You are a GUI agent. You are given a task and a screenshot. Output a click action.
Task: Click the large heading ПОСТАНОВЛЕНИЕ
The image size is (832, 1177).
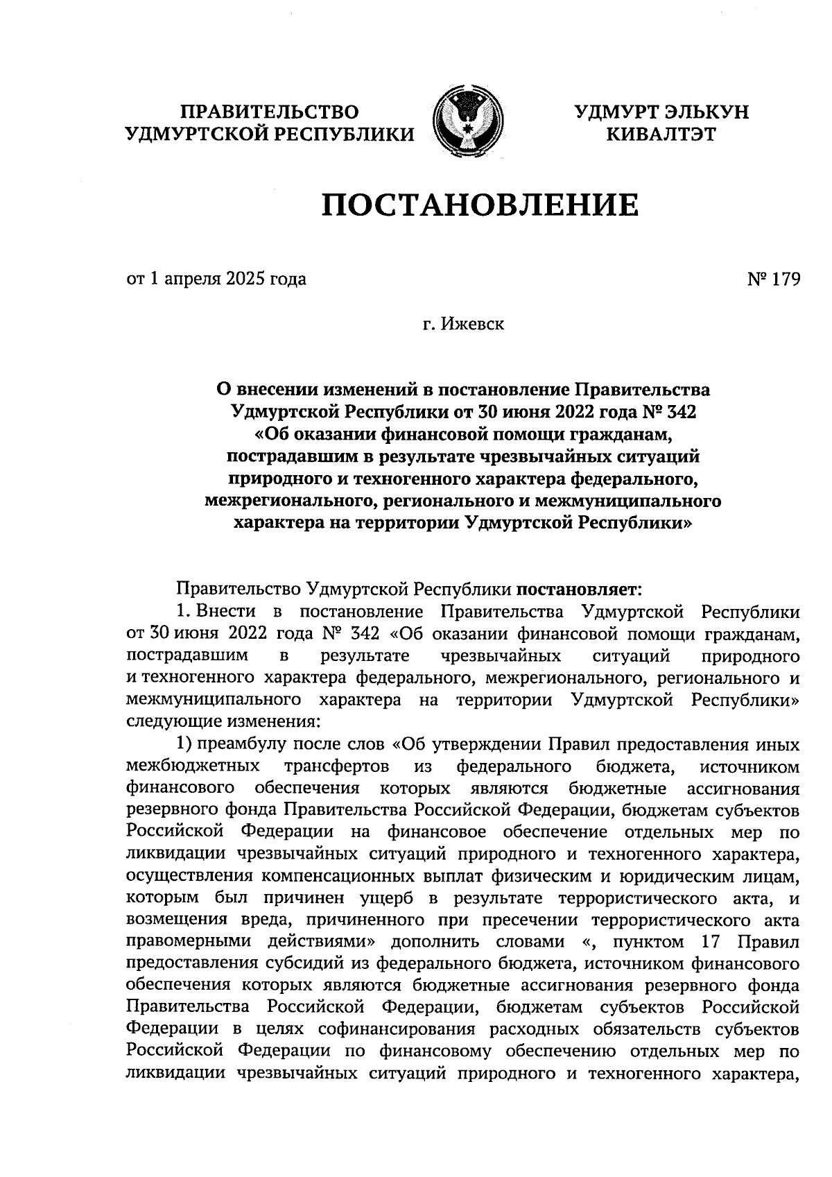point(479,205)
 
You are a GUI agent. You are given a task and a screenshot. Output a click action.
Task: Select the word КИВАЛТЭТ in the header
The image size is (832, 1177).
point(661,134)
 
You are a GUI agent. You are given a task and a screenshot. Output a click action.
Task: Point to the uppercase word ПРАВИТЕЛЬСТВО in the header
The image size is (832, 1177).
point(270,112)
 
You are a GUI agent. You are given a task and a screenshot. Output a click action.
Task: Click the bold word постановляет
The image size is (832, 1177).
point(579,590)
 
